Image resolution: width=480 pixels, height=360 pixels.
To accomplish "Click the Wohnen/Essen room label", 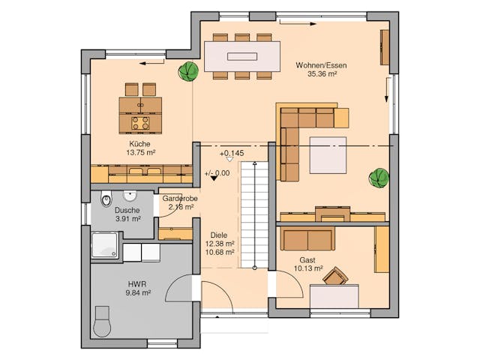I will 320,65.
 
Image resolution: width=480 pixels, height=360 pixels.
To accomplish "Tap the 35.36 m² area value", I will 320,74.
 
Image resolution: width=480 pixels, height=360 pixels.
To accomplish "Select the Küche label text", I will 140,143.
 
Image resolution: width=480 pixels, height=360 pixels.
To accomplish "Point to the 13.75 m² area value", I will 140,152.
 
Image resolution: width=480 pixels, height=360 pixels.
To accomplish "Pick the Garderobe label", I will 180,199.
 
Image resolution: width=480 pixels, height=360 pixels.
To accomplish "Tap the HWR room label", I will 136,284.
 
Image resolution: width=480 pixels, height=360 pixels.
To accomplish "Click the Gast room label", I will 308,259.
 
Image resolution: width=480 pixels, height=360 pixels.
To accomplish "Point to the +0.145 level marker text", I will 232,154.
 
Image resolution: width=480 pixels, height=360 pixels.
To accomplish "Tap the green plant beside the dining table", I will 187,72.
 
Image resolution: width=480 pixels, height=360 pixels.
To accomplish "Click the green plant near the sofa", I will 379,178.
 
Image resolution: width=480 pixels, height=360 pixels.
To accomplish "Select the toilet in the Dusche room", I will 106,199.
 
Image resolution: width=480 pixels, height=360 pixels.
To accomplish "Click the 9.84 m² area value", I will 136,293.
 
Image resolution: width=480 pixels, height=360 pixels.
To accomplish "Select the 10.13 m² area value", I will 308,268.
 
